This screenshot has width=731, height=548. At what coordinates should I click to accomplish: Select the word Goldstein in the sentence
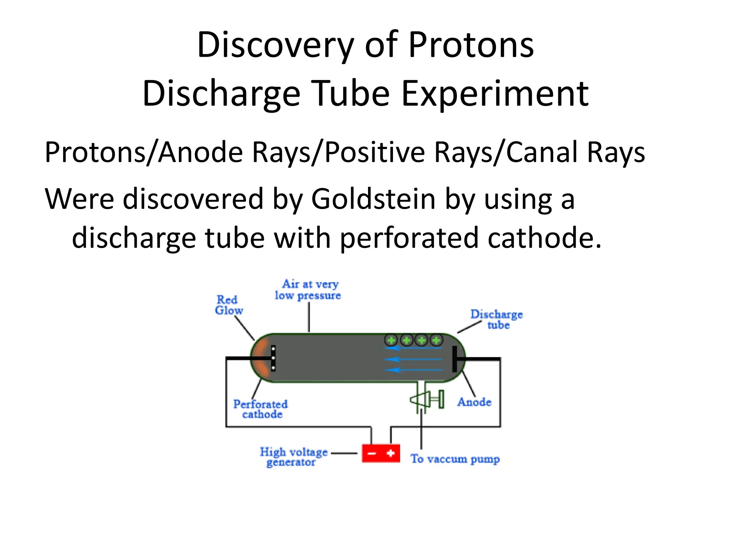(x=373, y=199)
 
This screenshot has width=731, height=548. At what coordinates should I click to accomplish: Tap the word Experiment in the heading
(x=495, y=93)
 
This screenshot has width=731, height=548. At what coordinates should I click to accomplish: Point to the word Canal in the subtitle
(x=542, y=152)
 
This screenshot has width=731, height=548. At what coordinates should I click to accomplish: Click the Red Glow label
(x=228, y=305)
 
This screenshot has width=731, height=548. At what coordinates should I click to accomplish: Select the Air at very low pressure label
(x=308, y=290)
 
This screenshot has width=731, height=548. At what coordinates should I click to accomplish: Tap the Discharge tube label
(x=496, y=319)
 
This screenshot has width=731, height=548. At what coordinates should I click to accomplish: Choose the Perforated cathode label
(x=261, y=409)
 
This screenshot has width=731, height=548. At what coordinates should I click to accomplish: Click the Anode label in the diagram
(x=474, y=402)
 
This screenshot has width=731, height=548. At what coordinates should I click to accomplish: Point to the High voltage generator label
(x=293, y=457)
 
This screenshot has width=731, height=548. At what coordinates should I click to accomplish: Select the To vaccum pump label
(x=455, y=459)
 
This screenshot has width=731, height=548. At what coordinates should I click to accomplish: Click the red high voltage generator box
(x=381, y=453)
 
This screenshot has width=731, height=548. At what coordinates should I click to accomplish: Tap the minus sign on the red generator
(x=372, y=453)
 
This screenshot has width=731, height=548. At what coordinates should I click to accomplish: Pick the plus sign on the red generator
(x=390, y=453)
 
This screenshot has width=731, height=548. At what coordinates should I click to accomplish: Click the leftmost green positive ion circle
(x=392, y=340)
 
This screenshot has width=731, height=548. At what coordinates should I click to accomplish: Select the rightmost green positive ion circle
(x=436, y=340)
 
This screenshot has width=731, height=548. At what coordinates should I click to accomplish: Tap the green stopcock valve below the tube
(x=427, y=399)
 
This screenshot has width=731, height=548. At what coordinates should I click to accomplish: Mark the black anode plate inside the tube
(x=454, y=359)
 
